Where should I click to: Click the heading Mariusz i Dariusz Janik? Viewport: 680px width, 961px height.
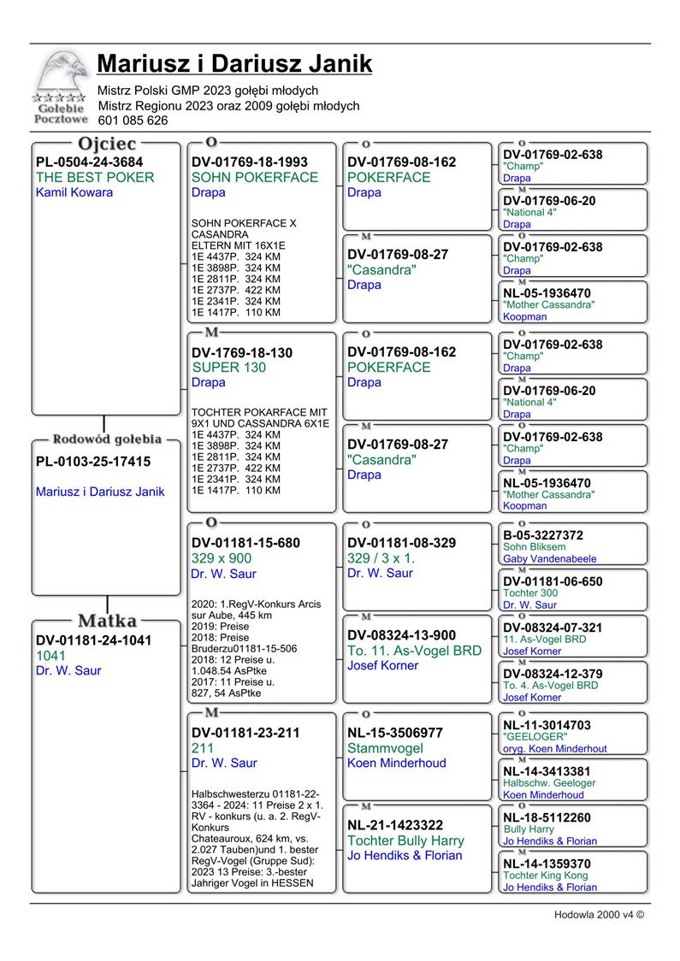coord(234,64)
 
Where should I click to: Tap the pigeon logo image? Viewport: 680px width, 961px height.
coord(59,86)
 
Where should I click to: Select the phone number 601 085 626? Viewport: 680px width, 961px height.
coord(133,121)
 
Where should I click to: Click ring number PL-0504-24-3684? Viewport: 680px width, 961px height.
coord(90,162)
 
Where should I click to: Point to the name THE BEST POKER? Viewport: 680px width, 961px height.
coord(95,177)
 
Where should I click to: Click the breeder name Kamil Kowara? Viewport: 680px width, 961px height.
coord(74,192)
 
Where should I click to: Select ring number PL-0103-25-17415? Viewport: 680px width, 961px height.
coord(93,462)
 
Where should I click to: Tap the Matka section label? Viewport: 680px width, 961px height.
coord(107,620)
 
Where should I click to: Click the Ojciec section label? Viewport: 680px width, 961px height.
coord(107,143)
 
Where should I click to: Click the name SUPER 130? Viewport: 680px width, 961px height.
coord(229,367)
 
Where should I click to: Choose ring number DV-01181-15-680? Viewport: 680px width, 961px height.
coord(246,543)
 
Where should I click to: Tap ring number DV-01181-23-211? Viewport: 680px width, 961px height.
coord(246,733)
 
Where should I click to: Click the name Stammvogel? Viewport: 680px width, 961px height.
coord(385,748)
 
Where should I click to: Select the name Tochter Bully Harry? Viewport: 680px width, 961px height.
coord(405,840)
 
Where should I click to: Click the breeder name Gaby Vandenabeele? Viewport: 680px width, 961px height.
coord(550,558)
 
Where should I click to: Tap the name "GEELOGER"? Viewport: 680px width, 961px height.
coord(535,736)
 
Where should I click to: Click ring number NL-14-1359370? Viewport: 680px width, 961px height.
coord(547,864)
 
